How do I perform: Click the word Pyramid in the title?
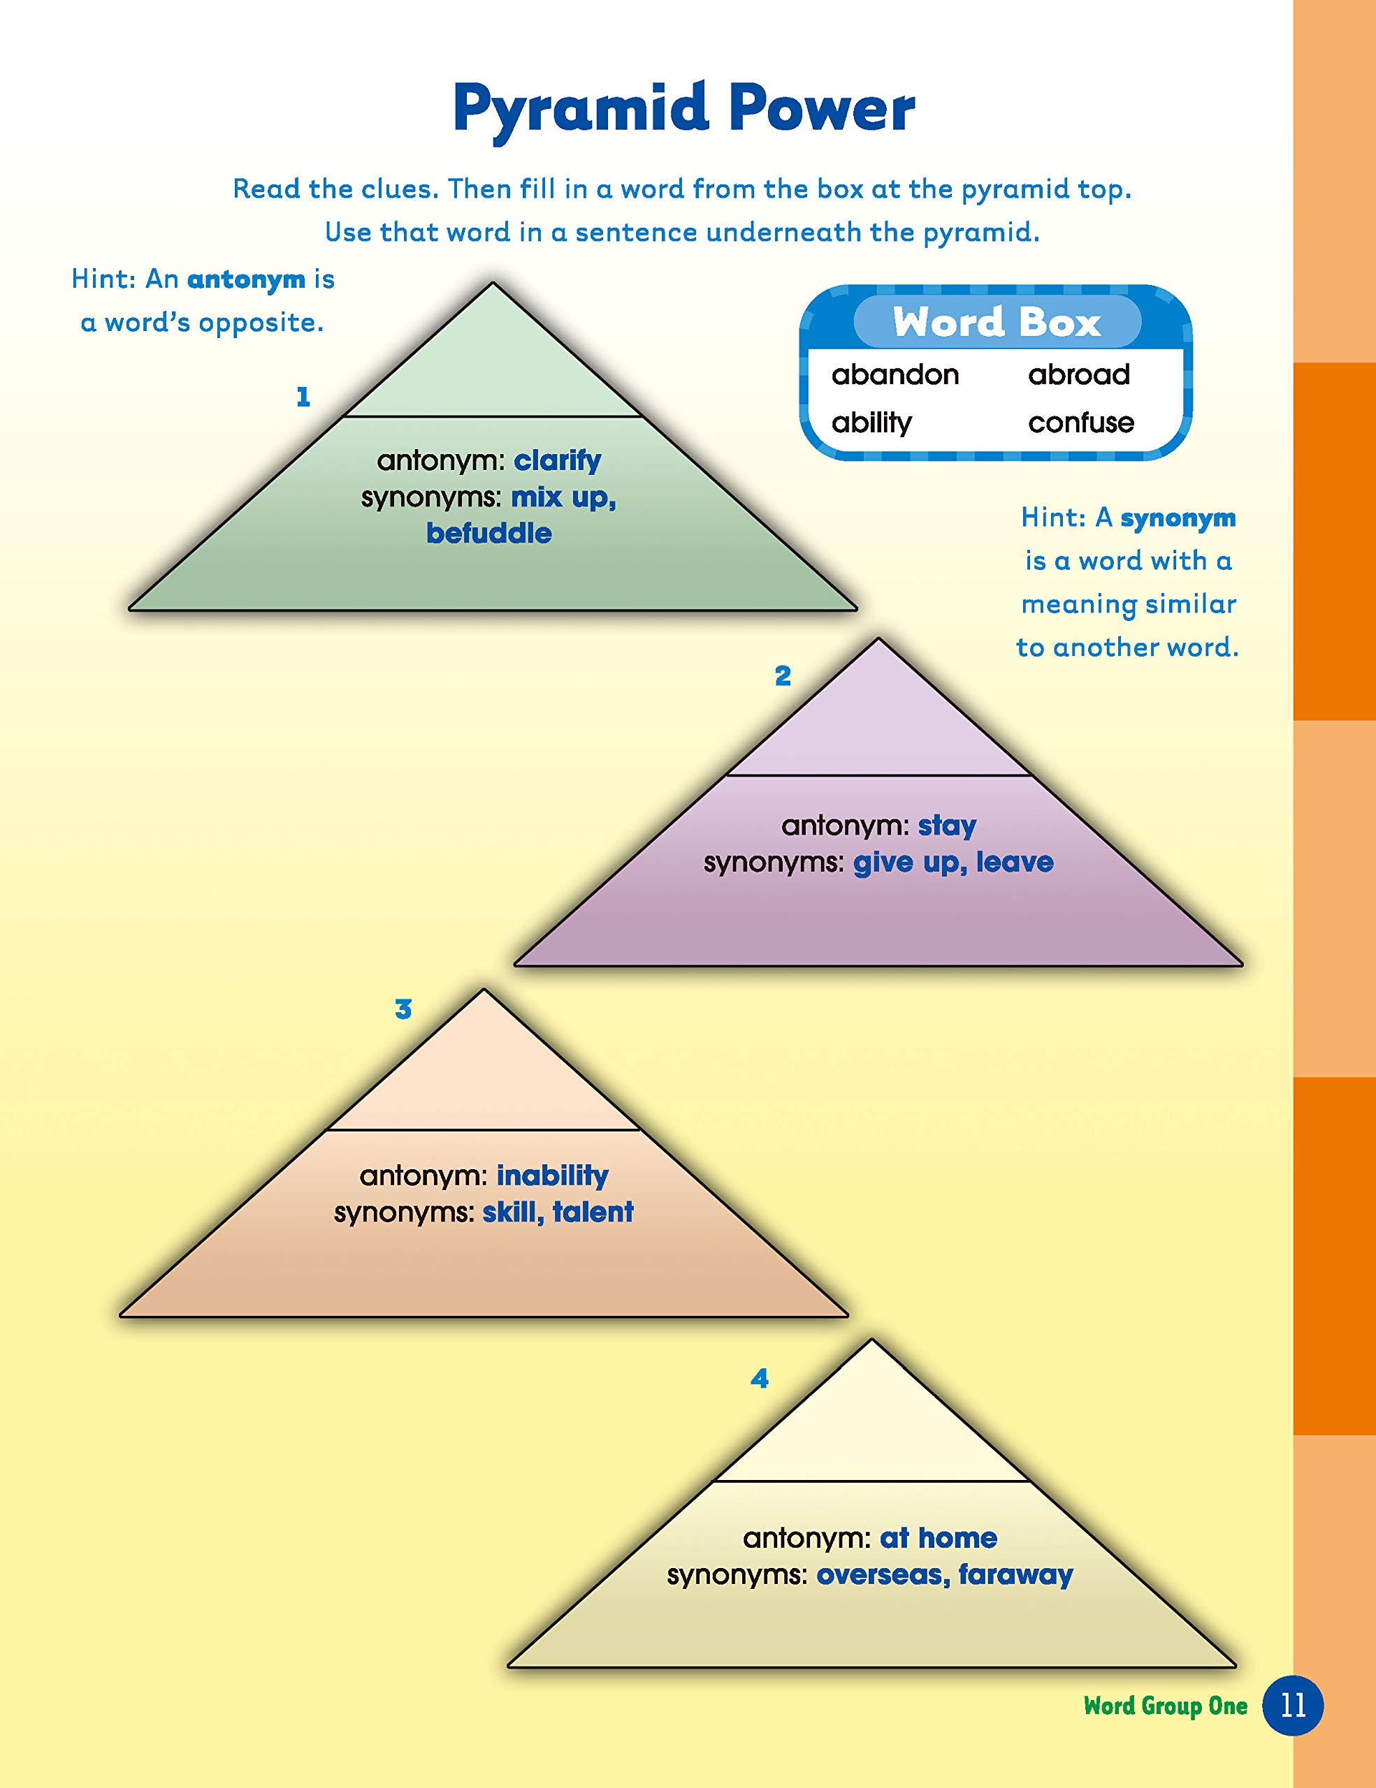click(580, 110)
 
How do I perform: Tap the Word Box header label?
click(996, 322)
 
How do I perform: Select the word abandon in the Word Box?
click(895, 375)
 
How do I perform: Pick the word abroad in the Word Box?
click(1079, 375)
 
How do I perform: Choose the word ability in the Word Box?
click(871, 423)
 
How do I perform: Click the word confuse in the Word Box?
click(1081, 423)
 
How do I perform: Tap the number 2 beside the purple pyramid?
click(783, 676)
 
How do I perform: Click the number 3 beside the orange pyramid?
click(403, 1009)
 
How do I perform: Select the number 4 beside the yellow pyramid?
click(759, 1379)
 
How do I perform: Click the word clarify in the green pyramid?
click(557, 460)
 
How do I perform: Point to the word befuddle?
click(489, 534)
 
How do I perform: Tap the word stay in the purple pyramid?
click(947, 826)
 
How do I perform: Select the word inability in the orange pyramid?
click(552, 1175)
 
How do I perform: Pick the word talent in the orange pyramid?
click(593, 1212)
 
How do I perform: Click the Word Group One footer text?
click(1165, 1706)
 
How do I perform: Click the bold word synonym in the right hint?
click(1178, 518)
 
